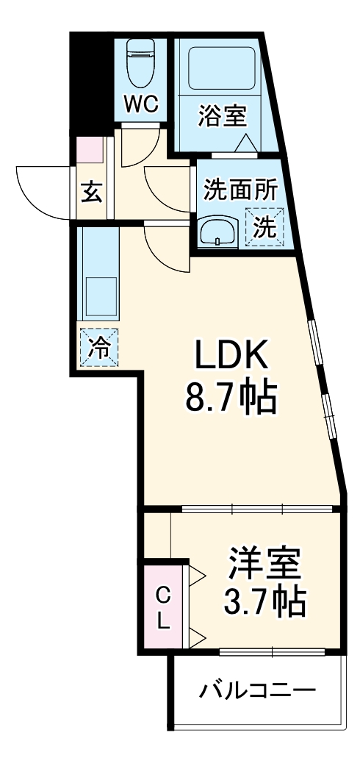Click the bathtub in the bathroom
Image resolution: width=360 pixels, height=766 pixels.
coord(221,67)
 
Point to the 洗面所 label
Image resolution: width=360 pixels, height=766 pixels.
coord(240,190)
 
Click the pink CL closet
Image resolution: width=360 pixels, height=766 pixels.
coord(163,607)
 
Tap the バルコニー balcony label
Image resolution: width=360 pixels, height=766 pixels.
coord(258,691)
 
